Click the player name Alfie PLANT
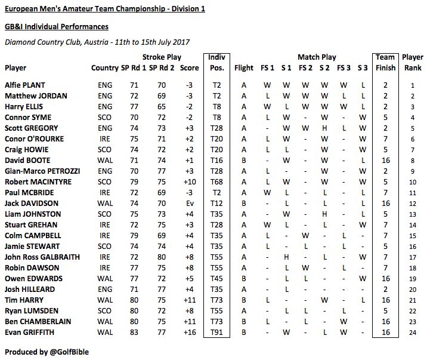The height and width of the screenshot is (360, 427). [x=24, y=85]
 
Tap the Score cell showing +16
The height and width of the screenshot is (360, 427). [x=187, y=333]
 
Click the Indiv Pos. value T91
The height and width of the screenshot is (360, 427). [x=216, y=333]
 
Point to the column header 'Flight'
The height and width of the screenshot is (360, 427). [x=244, y=68]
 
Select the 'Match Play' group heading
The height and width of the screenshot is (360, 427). [x=317, y=57]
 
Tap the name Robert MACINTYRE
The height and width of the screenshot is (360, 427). [x=36, y=182]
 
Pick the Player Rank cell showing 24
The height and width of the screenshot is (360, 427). [x=413, y=333]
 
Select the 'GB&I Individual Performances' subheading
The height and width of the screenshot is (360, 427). [x=57, y=27]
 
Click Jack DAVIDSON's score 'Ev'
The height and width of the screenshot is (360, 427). [x=187, y=204]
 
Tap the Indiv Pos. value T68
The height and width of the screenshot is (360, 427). [x=216, y=182]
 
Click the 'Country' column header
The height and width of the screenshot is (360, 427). [x=104, y=68]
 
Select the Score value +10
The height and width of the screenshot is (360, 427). [x=187, y=182]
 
